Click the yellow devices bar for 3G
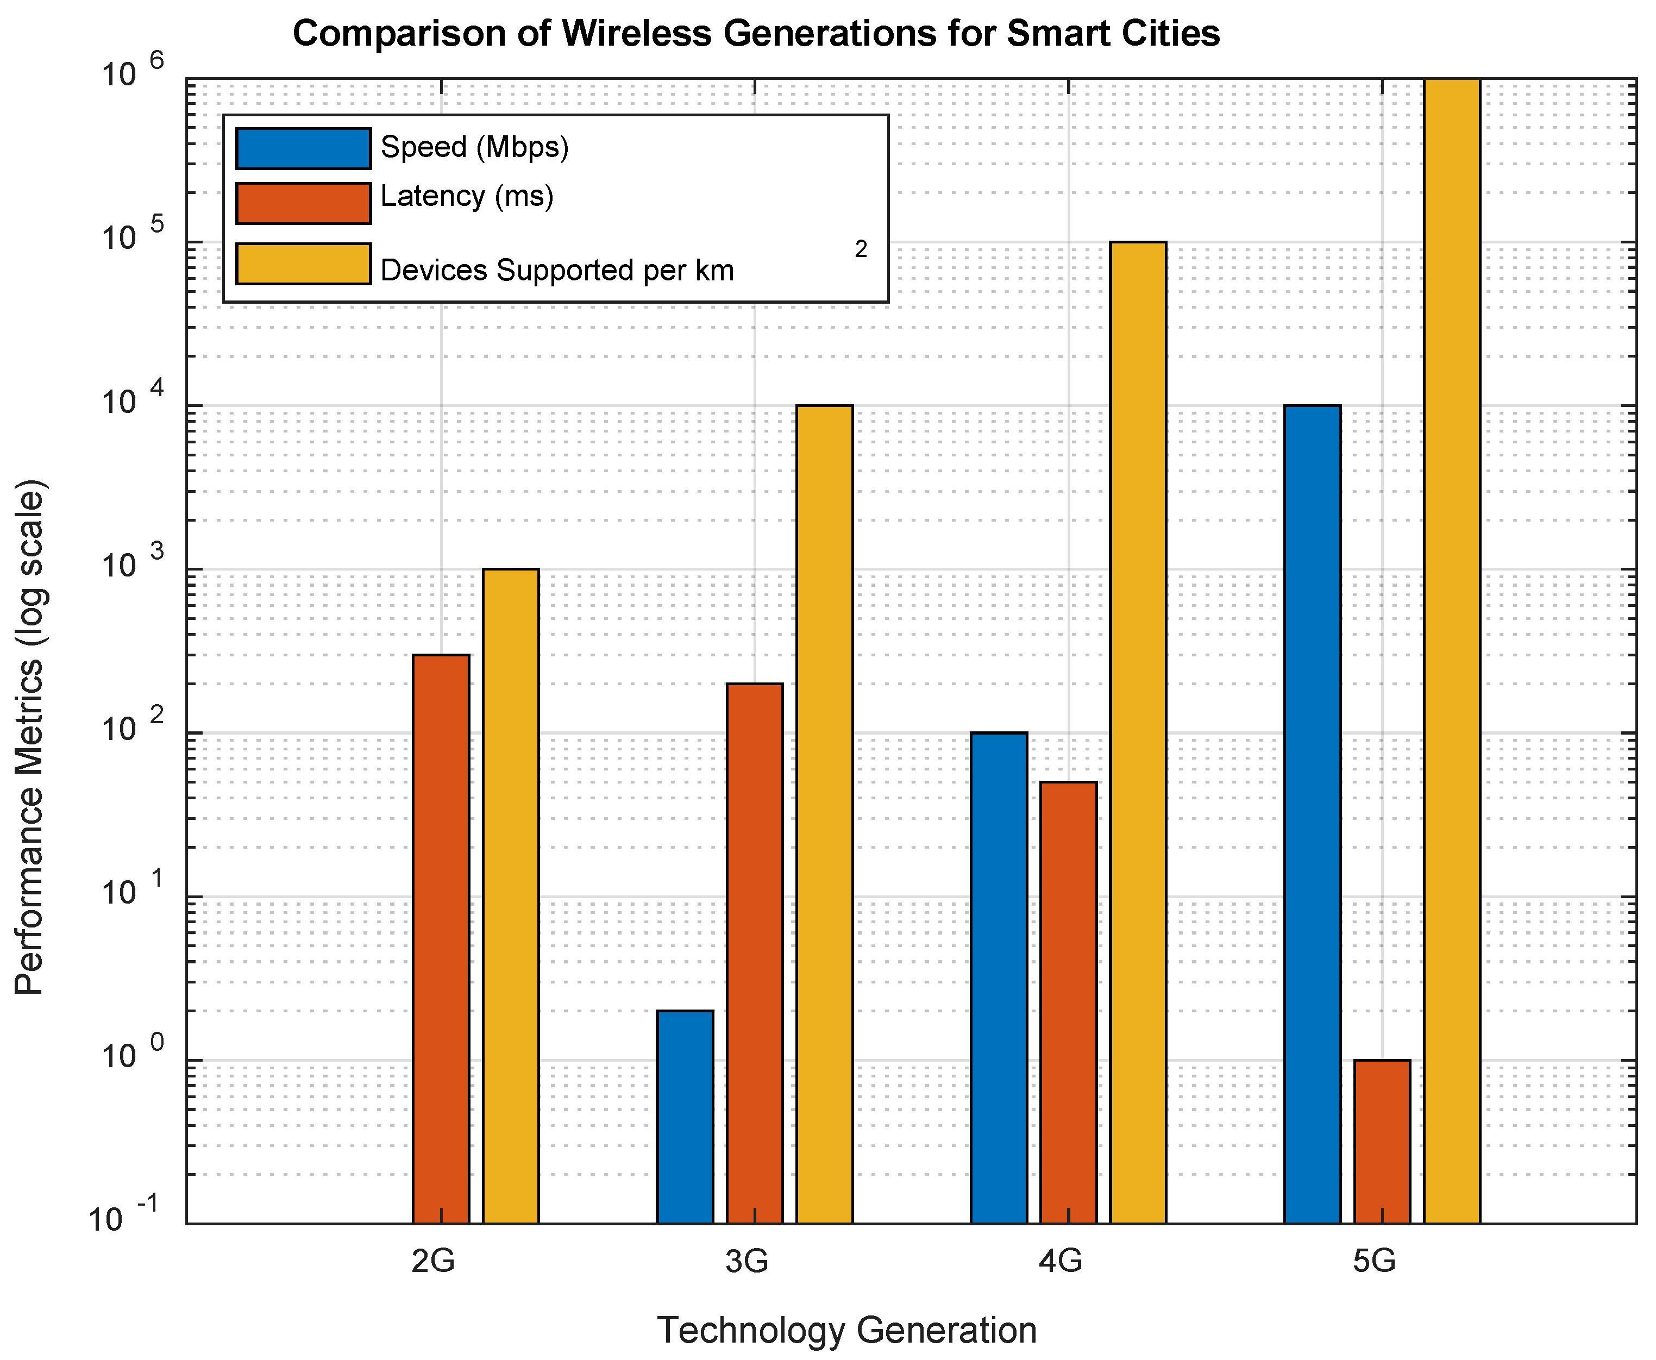(x=824, y=814)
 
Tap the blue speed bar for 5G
(x=1312, y=814)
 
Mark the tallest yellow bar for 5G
(x=1452, y=650)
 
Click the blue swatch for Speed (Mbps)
(x=303, y=148)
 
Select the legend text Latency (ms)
(x=467, y=196)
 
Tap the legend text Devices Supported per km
(x=557, y=270)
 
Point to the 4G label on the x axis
(x=1061, y=1261)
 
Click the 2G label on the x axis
(x=433, y=1261)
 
